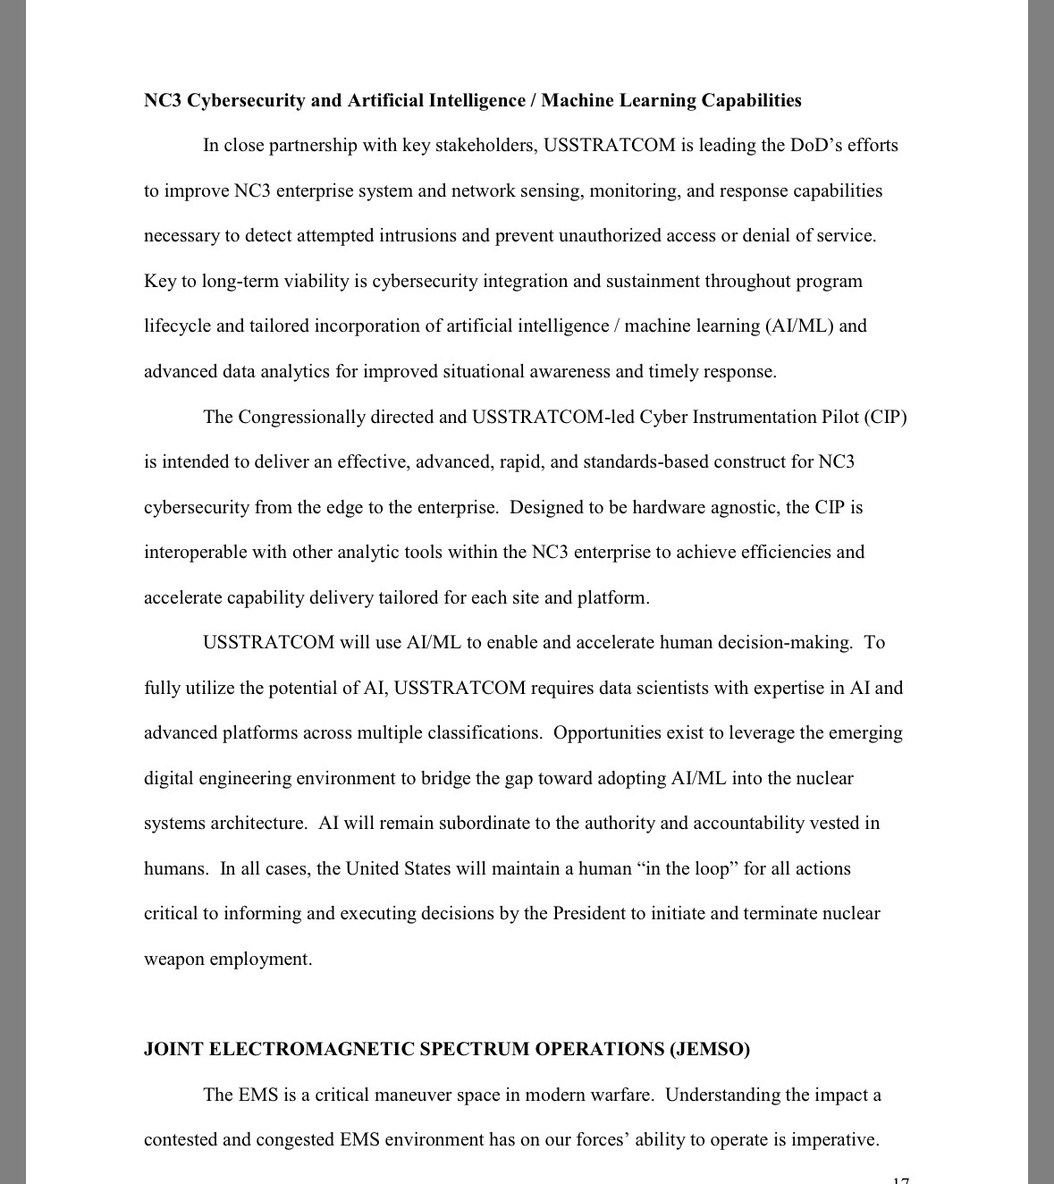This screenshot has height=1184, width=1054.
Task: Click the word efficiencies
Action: coord(766,552)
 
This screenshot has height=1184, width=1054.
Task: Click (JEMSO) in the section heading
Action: coord(710,1049)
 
